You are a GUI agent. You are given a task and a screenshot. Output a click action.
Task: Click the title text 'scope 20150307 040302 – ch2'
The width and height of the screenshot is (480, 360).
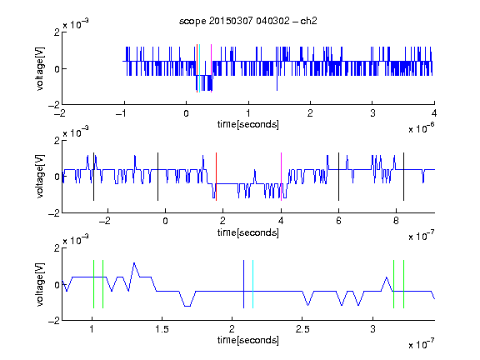pos(248,21)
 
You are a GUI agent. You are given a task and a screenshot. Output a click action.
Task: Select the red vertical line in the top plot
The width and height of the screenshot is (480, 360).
pos(197,68)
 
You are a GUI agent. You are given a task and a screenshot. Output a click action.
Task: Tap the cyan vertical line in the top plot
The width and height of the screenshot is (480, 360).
pos(200,68)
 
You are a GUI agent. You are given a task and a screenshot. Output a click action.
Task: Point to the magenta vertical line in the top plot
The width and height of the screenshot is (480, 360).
pos(211,68)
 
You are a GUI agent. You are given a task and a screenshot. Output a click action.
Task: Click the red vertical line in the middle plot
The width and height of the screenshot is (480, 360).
pos(216,177)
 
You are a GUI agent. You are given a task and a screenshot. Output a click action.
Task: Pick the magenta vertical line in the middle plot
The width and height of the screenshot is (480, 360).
pos(281,177)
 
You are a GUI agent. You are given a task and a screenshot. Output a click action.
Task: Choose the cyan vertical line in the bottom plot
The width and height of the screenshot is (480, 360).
pos(252,284)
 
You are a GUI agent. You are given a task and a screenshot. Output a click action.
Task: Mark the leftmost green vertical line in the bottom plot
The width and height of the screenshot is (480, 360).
pos(93,284)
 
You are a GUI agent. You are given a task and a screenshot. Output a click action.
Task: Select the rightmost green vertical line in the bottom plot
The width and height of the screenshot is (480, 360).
pos(404,284)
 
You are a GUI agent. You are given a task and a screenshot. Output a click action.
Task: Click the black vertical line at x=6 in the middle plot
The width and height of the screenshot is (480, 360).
pos(338,177)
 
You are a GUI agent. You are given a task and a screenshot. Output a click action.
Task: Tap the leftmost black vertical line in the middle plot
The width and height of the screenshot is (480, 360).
pos(93,177)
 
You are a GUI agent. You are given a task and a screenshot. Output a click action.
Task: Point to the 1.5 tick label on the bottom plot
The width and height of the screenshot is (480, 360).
pos(162,329)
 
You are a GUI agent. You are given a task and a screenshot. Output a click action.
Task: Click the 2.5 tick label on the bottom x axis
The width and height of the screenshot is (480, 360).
pos(302,329)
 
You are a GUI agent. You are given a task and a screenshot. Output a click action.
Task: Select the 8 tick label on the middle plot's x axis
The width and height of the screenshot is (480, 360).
pos(396,221)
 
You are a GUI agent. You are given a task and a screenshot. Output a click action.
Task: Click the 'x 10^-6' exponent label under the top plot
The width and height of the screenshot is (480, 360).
pos(422,128)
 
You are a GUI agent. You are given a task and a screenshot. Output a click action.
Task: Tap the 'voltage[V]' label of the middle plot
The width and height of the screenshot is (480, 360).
pos(40,177)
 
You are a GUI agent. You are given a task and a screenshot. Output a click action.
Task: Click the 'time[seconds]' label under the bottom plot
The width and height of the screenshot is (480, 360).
pos(248,340)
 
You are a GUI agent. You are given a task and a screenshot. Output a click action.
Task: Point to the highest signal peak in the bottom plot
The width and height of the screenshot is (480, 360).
pos(134,263)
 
